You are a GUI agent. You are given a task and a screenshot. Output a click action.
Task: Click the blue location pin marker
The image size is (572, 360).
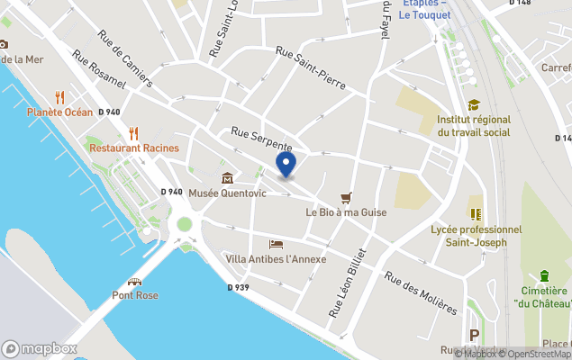point(286,166)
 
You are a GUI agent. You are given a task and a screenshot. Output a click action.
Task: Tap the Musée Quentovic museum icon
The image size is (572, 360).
point(226,178)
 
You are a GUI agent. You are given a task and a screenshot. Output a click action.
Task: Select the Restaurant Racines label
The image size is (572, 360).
point(134,148)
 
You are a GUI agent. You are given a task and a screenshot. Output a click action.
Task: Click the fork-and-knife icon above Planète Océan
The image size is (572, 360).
point(60,97)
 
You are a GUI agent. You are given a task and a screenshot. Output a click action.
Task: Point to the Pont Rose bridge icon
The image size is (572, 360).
point(135,282)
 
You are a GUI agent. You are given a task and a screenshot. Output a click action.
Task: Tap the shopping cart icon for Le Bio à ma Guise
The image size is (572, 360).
point(345,198)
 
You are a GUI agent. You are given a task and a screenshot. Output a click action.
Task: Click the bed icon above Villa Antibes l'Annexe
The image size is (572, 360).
point(276,245)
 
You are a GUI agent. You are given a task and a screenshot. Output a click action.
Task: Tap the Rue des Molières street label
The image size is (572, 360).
point(421,292)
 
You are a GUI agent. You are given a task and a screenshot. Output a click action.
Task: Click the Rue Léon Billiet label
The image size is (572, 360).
point(349,283)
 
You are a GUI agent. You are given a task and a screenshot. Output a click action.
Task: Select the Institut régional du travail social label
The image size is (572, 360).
point(473,126)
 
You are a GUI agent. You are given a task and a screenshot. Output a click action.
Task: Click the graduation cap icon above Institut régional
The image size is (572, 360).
point(474,105)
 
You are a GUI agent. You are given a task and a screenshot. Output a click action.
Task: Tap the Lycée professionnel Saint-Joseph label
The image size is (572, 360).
point(476,236)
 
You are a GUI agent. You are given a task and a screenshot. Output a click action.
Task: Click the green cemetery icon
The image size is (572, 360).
point(544,275)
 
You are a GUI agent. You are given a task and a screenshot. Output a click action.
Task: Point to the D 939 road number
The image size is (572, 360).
point(238,287)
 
